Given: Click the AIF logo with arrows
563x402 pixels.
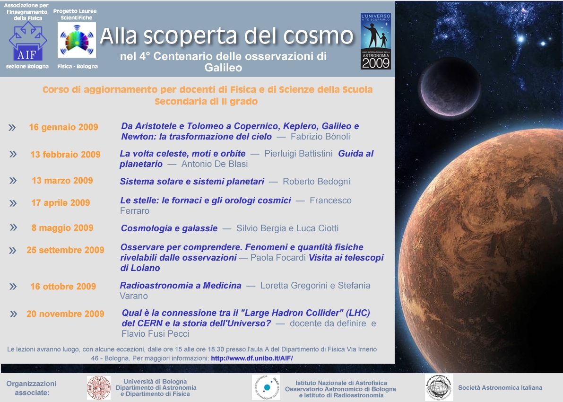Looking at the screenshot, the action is click(x=27, y=41).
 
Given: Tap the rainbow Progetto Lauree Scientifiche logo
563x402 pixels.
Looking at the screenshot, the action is click(x=77, y=40).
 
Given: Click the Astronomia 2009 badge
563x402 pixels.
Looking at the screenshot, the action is click(x=376, y=41).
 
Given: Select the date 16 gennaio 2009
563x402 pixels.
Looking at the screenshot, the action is click(x=63, y=127).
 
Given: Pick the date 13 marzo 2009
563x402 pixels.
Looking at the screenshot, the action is click(x=62, y=181).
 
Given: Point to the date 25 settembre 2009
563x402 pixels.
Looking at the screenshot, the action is click(x=65, y=250).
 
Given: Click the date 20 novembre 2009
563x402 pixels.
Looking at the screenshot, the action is click(x=65, y=314).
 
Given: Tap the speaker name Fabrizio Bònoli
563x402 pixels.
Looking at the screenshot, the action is click(x=320, y=137).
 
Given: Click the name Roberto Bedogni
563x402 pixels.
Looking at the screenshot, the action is click(x=316, y=182).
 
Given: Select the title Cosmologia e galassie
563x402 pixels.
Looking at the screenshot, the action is click(x=169, y=228).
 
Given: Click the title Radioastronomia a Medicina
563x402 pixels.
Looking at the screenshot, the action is click(x=181, y=286).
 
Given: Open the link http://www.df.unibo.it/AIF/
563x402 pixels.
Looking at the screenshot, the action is click(x=252, y=358).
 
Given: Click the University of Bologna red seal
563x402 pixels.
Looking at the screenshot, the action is click(x=99, y=388).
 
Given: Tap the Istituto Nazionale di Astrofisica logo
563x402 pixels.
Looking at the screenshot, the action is click(x=266, y=388).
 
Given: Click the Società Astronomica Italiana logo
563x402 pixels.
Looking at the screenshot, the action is click(x=439, y=387).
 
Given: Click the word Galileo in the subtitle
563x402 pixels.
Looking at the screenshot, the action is click(x=223, y=68).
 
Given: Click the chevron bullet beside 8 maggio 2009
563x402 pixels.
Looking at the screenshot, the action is click(x=13, y=227).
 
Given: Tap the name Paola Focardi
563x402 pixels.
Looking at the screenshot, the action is click(x=278, y=258).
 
